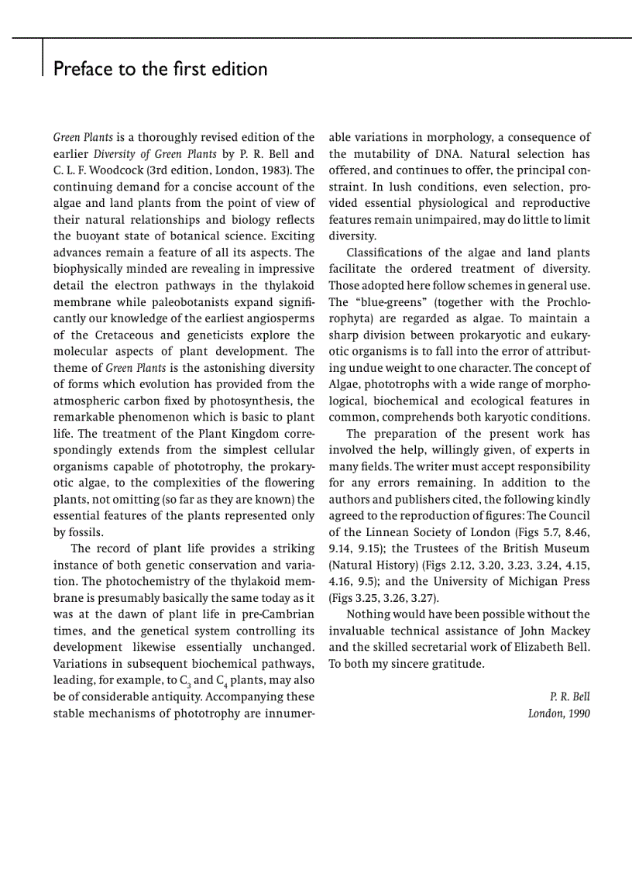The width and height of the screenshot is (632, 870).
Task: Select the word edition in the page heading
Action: point(238,69)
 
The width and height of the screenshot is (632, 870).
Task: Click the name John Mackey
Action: point(555,631)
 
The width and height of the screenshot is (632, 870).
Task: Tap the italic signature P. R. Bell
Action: point(569,696)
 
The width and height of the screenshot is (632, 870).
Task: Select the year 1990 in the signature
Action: point(578,713)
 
